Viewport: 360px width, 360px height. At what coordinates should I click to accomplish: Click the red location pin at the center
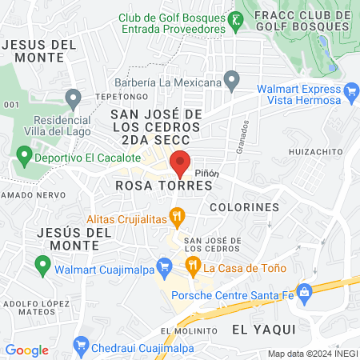[181, 162]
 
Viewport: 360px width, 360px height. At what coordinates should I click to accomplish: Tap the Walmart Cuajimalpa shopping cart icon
[165, 265]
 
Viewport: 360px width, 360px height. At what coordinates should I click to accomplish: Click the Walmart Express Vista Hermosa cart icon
[350, 94]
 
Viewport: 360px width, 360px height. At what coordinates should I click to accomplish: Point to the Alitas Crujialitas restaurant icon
[178, 214]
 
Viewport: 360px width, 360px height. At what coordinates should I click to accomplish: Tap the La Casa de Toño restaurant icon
[192, 265]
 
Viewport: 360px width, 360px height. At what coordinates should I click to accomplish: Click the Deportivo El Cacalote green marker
[24, 153]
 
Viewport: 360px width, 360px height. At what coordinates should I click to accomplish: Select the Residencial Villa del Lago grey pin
[74, 99]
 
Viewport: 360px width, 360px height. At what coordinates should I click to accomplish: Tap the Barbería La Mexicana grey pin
[232, 79]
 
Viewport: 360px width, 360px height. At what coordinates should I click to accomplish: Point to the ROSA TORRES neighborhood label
[164, 185]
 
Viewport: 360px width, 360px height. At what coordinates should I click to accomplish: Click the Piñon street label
[205, 171]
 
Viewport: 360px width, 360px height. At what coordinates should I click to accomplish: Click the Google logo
[26, 350]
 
